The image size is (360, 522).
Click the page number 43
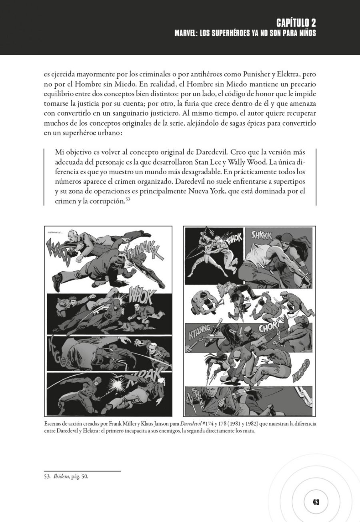pyautogui.click(x=316, y=502)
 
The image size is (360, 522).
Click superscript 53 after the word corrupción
pyautogui.click(x=128, y=199)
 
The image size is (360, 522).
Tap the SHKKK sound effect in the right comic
pyautogui.click(x=261, y=235)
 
